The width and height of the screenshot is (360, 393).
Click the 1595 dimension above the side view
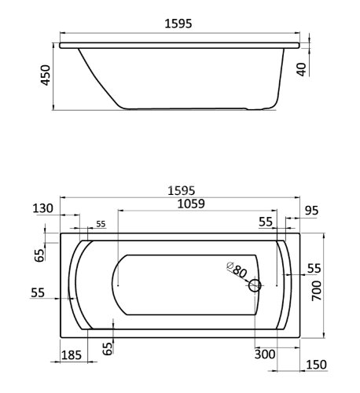click(181, 24)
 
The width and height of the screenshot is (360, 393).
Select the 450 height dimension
click(46, 76)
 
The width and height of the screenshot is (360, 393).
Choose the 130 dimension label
click(43, 208)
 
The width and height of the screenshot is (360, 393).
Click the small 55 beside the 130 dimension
click(101, 225)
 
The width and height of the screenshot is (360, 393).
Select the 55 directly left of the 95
click(266, 223)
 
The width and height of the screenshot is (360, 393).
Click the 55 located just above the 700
click(314, 269)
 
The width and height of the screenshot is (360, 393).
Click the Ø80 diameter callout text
click(236, 271)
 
